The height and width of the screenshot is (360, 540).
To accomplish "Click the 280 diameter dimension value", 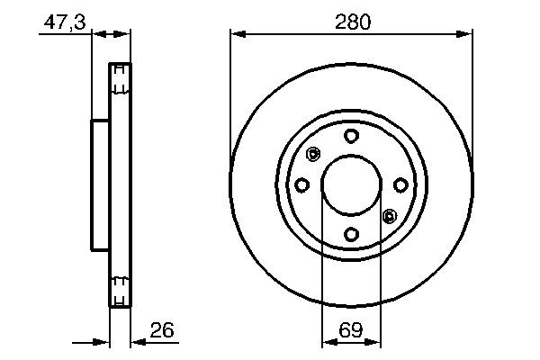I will pyautogui.click(x=352, y=21).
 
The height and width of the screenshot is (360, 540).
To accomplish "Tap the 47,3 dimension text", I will pyautogui.click(x=64, y=22).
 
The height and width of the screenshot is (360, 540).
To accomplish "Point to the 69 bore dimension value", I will pyautogui.click(x=351, y=329).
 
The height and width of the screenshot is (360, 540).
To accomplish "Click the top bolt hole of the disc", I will pyautogui.click(x=351, y=136).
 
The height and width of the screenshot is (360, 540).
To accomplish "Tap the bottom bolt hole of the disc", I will pyautogui.click(x=351, y=235).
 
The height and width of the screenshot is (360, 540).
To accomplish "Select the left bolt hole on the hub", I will pyautogui.click(x=302, y=185).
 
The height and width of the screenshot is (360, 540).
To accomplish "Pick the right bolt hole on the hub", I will pyautogui.click(x=400, y=185).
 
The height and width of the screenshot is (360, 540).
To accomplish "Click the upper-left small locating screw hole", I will pyautogui.click(x=313, y=155).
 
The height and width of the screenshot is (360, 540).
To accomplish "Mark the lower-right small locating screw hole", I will pyautogui.click(x=389, y=216).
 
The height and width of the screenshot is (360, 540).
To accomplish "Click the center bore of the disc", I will pyautogui.click(x=351, y=185).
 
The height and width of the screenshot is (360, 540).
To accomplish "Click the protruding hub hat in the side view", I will pyautogui.click(x=99, y=185).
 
